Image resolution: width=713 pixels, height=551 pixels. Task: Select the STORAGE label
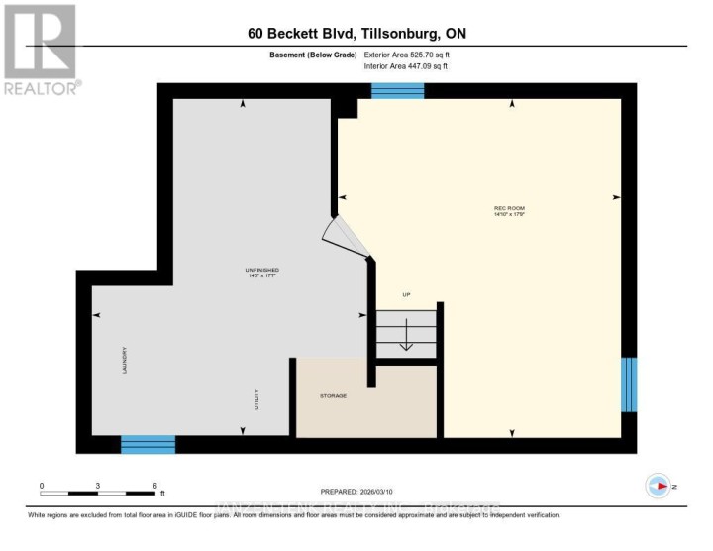pos(333,396)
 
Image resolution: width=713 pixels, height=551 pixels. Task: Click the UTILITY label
pos(255,401)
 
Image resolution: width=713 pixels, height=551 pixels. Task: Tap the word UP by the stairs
pos(405,295)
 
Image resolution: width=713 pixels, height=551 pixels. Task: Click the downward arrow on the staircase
pos(405,340)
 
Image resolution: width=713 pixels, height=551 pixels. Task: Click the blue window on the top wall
pos(397,91)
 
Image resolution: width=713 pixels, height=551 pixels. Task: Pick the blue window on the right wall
pos(627,385)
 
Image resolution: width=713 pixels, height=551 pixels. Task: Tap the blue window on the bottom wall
pos(148,444)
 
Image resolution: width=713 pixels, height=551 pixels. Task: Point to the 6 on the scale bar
pos(154,486)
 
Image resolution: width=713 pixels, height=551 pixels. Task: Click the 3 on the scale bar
pos(98,486)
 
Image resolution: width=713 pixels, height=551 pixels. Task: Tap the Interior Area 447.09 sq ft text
pos(407,65)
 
